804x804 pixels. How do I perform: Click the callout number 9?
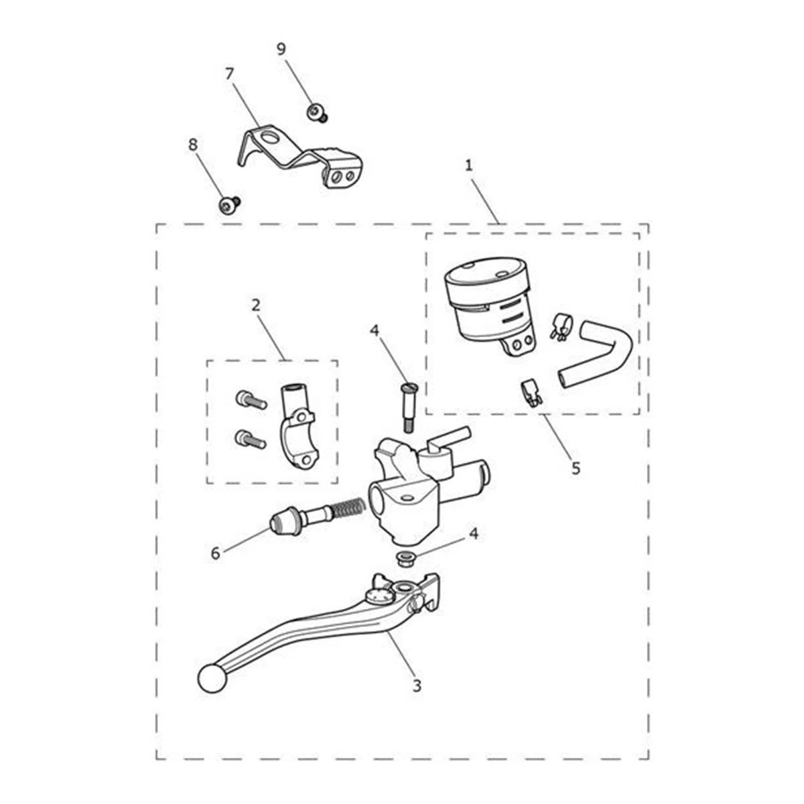(281, 49)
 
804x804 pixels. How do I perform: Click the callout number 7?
(230, 74)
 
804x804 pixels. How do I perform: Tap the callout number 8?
(192, 145)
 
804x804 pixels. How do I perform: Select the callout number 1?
(468, 165)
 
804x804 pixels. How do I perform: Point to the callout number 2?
(256, 306)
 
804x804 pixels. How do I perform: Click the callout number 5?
(576, 468)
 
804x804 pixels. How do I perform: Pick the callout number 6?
(215, 553)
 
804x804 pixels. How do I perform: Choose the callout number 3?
(417, 685)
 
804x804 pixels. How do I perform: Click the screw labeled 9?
(317, 113)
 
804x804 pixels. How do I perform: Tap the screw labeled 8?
(228, 204)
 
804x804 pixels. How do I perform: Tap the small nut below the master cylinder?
(404, 559)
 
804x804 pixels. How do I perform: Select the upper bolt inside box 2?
(251, 399)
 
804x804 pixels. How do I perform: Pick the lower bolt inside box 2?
(251, 439)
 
